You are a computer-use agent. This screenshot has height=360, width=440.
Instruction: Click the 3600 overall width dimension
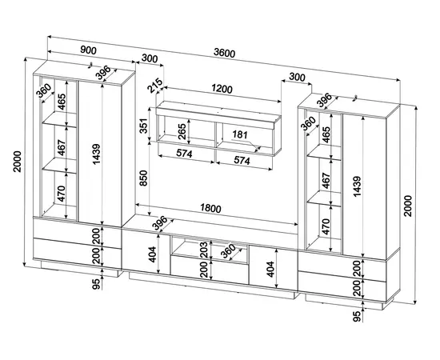click(224, 53)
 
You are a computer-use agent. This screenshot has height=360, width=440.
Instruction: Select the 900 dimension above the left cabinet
click(88, 50)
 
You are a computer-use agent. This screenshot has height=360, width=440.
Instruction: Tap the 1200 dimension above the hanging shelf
click(222, 89)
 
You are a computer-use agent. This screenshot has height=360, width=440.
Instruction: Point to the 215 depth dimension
click(155, 86)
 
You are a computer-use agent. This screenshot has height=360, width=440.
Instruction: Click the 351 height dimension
click(143, 126)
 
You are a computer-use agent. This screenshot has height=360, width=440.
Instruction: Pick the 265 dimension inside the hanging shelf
click(182, 130)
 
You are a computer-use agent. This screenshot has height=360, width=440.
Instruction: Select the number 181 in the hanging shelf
click(240, 134)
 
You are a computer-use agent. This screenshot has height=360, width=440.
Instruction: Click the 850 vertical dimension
click(143, 178)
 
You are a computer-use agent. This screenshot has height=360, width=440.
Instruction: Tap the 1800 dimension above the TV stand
click(210, 208)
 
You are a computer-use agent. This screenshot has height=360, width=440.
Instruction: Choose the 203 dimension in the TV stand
click(204, 249)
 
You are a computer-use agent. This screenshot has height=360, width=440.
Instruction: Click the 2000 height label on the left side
click(17, 162)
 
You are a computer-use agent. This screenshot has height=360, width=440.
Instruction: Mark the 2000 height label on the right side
click(408, 206)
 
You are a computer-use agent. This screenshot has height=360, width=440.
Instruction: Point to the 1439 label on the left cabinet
click(96, 154)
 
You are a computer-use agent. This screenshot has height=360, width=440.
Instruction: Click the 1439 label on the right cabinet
click(357, 186)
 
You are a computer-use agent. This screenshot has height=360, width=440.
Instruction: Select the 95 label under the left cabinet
click(96, 284)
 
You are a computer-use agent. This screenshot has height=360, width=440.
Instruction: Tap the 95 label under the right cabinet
click(356, 317)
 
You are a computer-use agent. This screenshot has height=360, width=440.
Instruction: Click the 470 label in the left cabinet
click(61, 194)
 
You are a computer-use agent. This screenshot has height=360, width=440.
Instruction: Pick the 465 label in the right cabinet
click(326, 134)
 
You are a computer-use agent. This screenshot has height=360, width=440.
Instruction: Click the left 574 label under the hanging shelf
click(184, 154)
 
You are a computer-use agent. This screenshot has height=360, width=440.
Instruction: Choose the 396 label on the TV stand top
click(160, 223)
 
